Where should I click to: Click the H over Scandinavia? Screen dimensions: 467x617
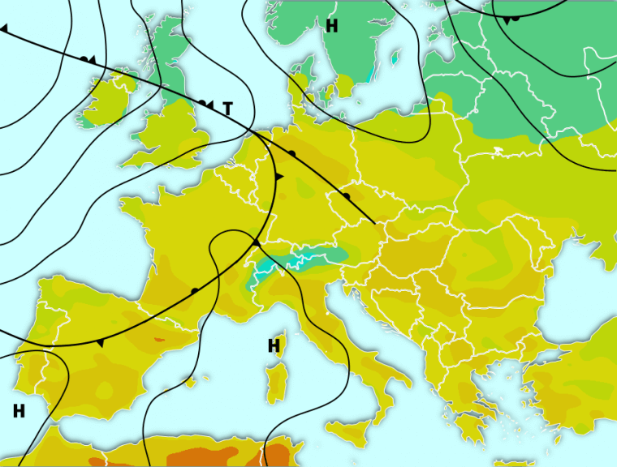tap(331, 26)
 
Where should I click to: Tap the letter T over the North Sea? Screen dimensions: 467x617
tap(227, 108)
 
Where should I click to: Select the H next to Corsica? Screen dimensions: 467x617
tap(274, 346)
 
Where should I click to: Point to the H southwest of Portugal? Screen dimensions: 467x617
tap(19, 411)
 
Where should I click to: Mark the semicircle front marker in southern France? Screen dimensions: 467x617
tap(195, 290)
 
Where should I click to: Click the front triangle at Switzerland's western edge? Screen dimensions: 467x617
tap(255, 242)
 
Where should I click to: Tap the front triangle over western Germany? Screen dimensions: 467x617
tap(278, 176)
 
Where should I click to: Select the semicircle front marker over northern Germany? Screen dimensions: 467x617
tap(291, 152)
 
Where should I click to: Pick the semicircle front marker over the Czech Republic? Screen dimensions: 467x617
tap(346, 195)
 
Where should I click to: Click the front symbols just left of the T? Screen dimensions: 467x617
tap(205, 104)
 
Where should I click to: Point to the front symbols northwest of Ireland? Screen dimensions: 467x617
tap(88, 60)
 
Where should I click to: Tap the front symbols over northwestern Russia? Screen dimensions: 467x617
tap(511, 19)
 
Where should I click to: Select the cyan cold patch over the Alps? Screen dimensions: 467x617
tap(308, 259)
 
